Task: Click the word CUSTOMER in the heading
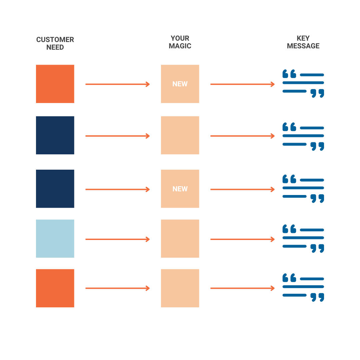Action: click(55, 39)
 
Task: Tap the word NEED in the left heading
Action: click(55, 47)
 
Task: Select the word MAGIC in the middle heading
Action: click(180, 46)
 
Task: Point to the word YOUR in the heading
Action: click(180, 38)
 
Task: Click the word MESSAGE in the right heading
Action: click(303, 46)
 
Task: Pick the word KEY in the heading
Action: click(303, 38)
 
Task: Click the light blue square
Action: click(55, 239)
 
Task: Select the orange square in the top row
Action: click(55, 84)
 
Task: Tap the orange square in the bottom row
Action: click(55, 288)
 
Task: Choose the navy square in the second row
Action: click(55, 135)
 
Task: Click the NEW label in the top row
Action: click(180, 84)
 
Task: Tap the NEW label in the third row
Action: click(180, 189)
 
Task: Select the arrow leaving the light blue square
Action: click(118, 239)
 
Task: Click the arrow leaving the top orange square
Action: click(118, 84)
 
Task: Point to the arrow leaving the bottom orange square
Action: click(118, 288)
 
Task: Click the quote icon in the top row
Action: click(303, 83)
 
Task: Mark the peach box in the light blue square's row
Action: click(180, 239)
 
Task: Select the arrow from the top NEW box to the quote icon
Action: click(242, 84)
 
